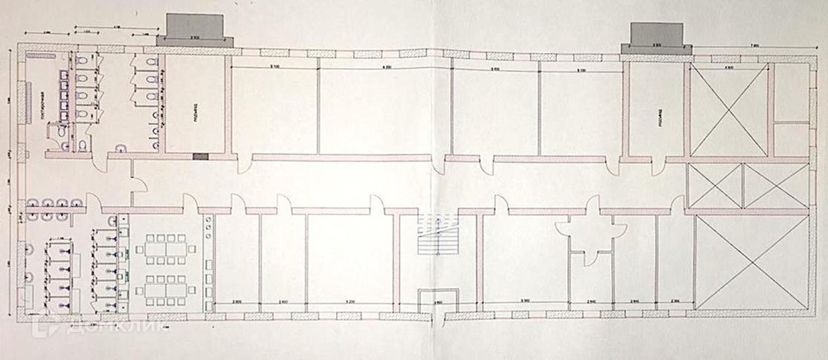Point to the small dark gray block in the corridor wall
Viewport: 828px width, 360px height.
(199, 156)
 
